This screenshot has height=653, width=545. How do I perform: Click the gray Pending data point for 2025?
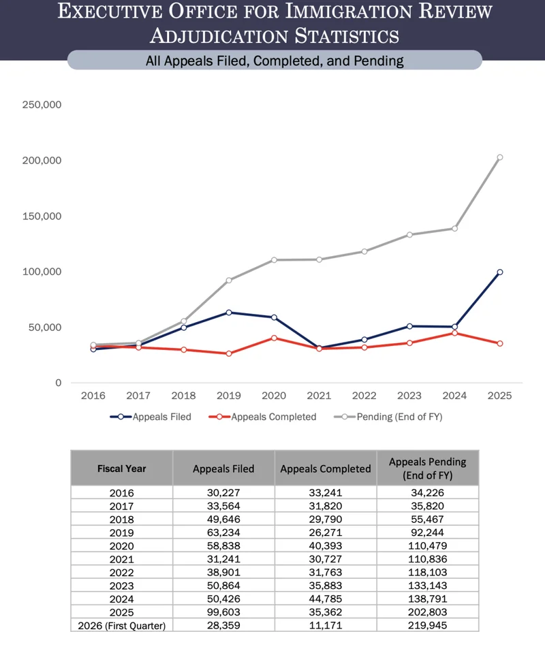pos(500,157)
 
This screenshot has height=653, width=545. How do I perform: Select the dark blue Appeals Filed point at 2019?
pos(229,313)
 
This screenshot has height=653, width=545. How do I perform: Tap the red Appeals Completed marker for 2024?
pos(454,333)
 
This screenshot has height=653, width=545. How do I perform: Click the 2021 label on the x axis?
pos(319,396)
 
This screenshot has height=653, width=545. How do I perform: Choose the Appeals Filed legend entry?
pos(151,417)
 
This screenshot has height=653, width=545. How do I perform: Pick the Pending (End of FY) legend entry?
pos(388,417)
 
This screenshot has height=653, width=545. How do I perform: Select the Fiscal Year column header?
pos(121,468)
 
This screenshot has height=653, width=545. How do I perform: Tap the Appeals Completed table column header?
pos(326,468)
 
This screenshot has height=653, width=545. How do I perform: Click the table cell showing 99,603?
pos(223,611)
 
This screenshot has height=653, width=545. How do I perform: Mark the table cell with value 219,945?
pos(427,625)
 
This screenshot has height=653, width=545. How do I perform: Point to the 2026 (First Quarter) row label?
pos(121,625)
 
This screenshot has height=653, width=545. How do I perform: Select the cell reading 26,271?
pos(326,532)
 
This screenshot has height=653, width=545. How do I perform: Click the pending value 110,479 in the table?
pos(427,545)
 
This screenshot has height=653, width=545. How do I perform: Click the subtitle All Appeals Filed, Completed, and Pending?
pos(275,61)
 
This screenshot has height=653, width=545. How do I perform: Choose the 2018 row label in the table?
pos(121,520)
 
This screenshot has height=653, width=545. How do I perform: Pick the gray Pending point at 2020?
pos(274,260)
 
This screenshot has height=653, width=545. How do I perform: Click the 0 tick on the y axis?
pos(59,383)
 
